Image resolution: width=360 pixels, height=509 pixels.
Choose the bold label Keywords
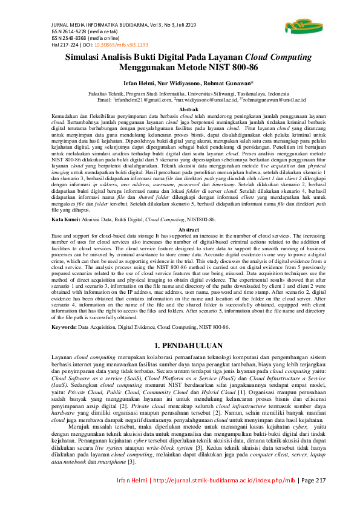coord(64,326)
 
